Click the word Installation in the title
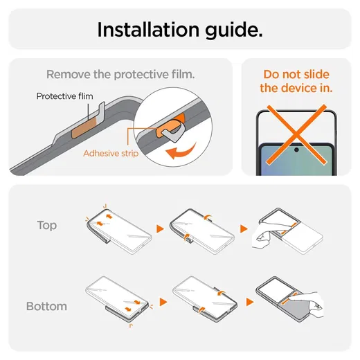tap(148, 30)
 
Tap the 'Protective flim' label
tap(65, 96)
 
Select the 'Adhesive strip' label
tap(111, 154)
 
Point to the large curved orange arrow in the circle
tap(181, 151)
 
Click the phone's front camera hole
tap(296, 150)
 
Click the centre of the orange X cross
tap(296, 134)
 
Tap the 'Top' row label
tap(47, 226)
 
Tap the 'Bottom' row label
tap(46, 307)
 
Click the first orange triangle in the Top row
tap(160, 228)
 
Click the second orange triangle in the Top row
tap(244, 228)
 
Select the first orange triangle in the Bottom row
tap(163, 302)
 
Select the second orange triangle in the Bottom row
tap(250, 302)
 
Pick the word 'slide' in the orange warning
tap(316, 75)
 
